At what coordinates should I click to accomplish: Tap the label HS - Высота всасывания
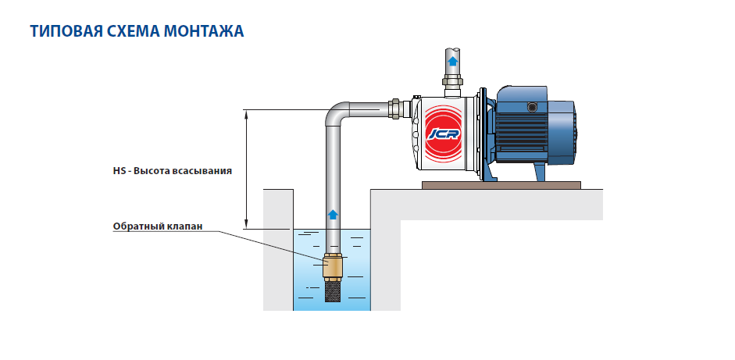[x=172, y=169]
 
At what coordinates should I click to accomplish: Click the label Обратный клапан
[x=159, y=227]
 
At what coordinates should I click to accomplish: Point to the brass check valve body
[x=333, y=268]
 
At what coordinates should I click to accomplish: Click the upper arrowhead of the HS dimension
[x=248, y=114]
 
